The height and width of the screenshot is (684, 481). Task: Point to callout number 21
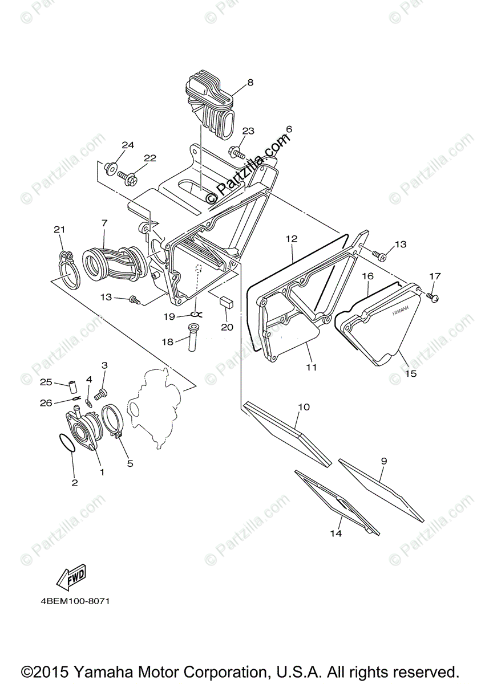coord(59,230)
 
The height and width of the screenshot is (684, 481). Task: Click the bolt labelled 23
coord(237,152)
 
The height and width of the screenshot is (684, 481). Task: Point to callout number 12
coord(292,239)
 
